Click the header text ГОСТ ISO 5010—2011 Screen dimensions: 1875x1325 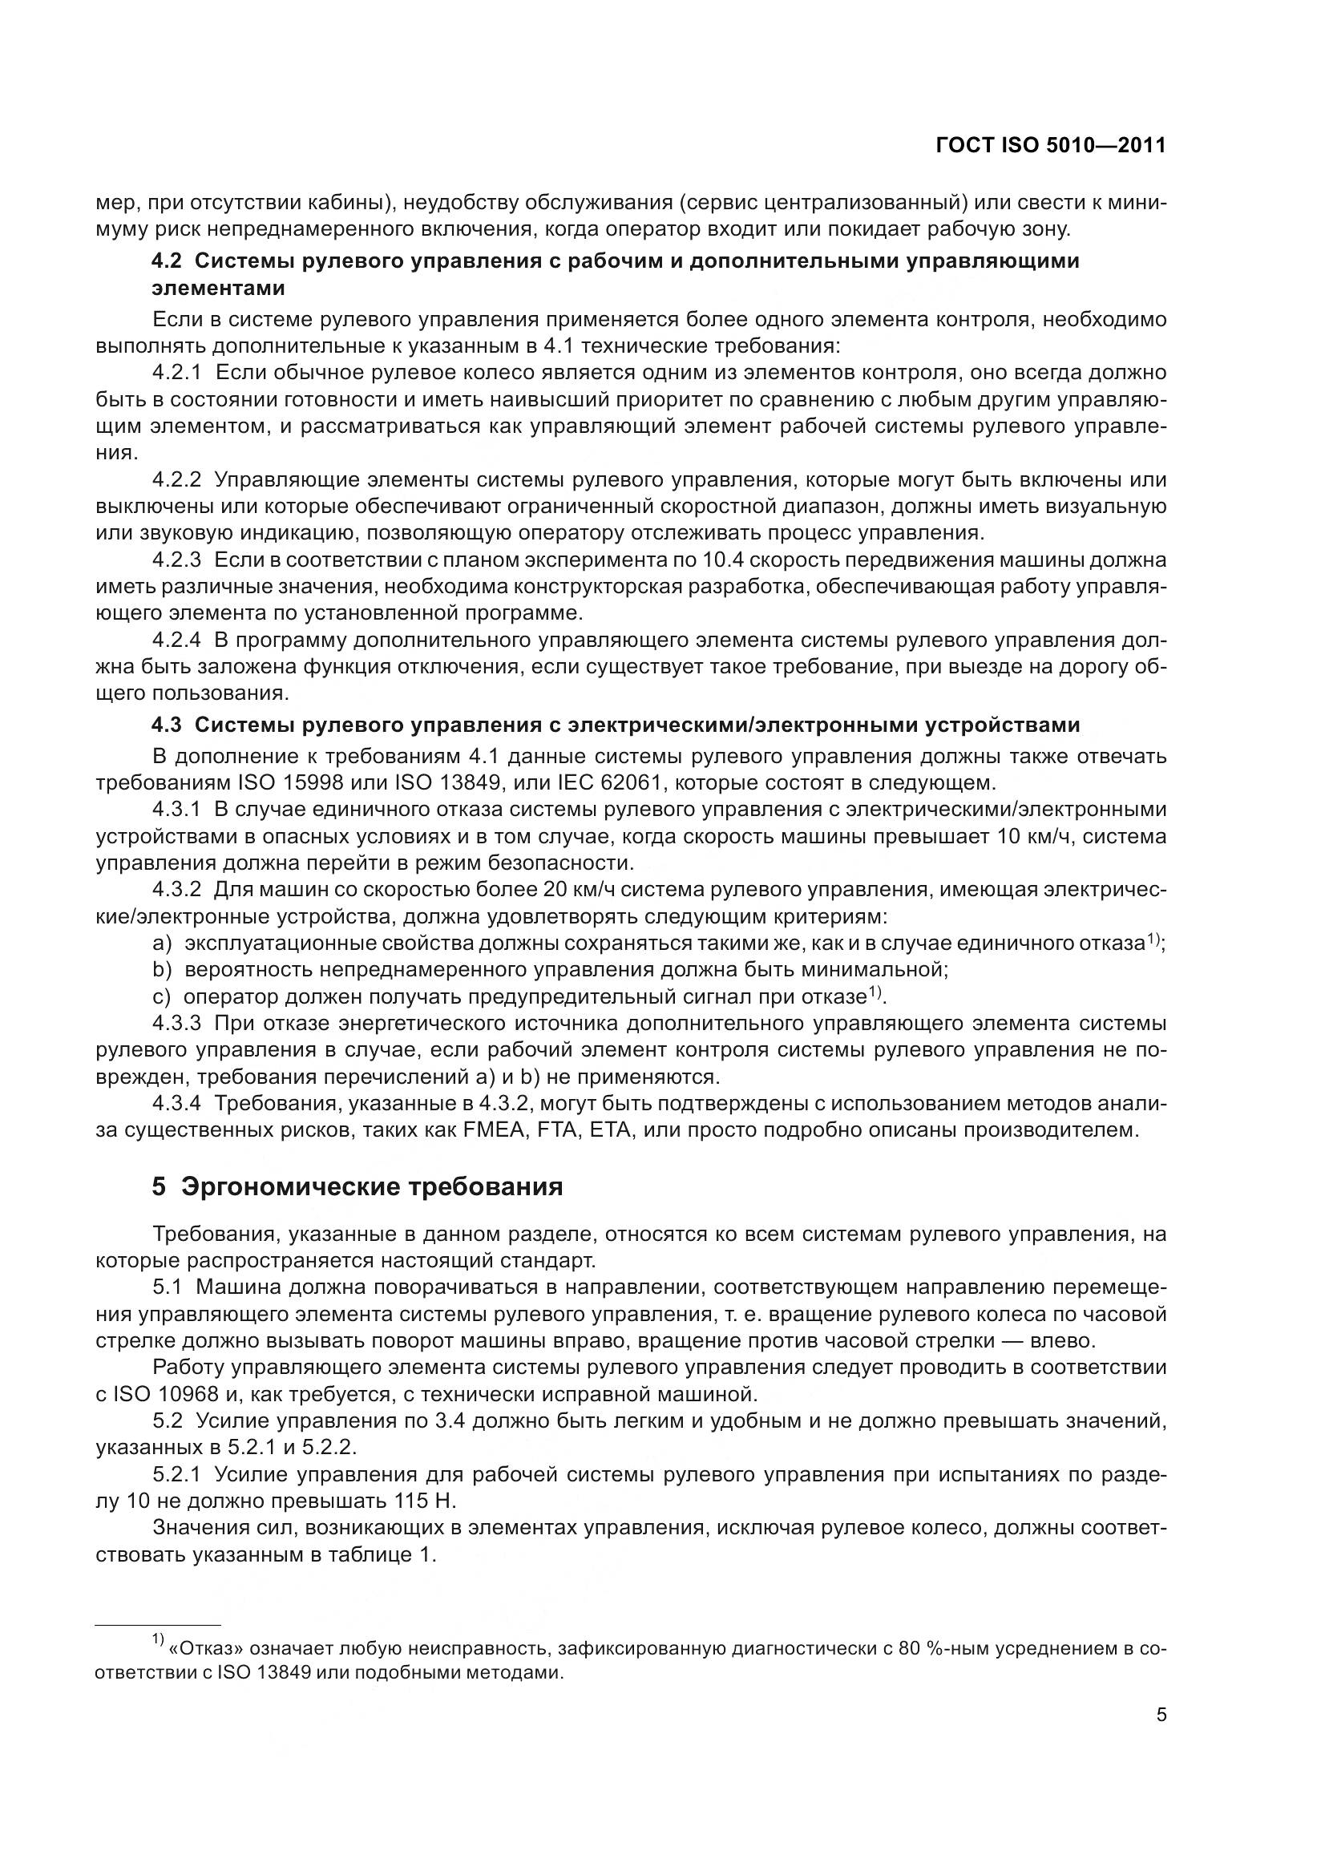coord(1051,145)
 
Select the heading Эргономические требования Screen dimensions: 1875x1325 coord(371,1186)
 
